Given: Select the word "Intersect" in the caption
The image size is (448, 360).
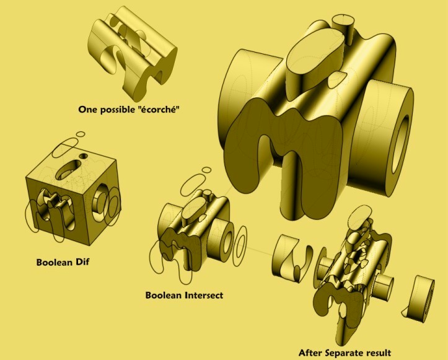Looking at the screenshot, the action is point(204,295).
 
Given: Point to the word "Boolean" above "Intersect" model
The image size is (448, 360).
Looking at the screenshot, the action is point(164,295).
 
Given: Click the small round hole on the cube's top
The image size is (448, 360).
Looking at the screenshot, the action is point(84,156).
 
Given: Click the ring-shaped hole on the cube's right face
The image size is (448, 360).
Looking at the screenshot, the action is point(100,203).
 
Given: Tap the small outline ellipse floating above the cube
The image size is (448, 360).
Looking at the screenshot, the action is point(81,134).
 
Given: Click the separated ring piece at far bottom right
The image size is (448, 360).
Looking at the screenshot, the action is point(419,299).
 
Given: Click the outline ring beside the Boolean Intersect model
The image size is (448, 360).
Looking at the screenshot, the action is point(240,246).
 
